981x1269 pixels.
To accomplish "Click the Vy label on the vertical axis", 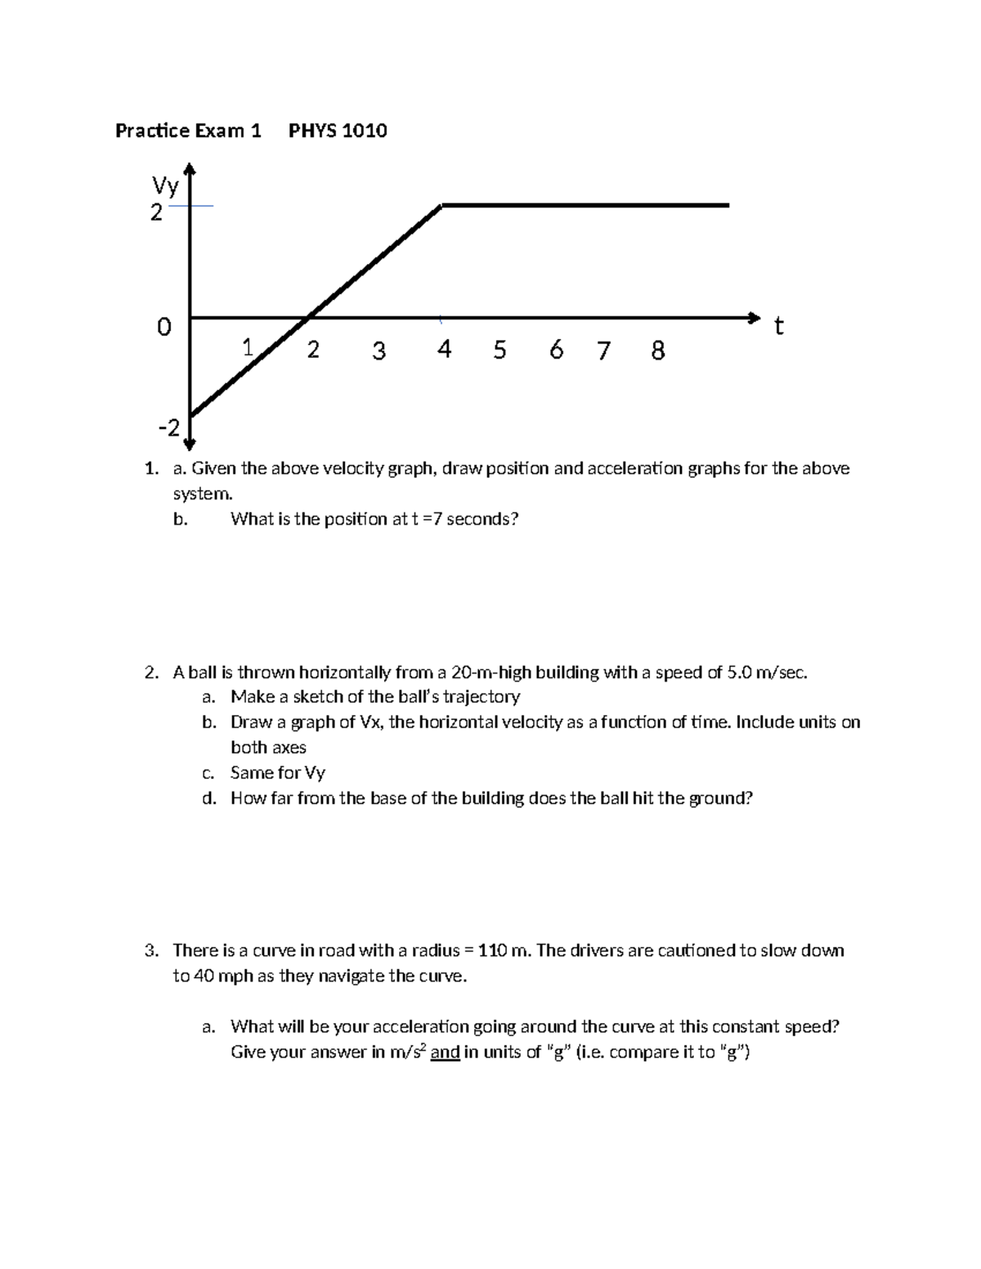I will (165, 187).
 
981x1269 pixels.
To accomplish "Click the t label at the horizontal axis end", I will (778, 327).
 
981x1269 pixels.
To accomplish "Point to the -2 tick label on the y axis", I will (168, 428).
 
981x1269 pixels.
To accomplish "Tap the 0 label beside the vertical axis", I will (164, 328).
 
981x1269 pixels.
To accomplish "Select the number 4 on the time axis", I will (444, 350).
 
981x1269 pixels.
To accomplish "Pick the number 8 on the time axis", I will (657, 351).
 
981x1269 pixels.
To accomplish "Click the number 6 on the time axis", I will (557, 350).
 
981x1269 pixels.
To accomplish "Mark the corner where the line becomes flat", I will (442, 206).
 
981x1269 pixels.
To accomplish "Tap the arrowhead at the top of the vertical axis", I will (190, 168).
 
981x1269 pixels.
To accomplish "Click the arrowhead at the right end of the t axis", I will (754, 317).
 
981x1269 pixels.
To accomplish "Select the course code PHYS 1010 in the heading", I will (338, 131).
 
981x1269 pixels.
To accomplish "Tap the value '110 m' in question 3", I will (503, 950).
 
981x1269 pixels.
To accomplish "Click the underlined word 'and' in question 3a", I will (445, 1052).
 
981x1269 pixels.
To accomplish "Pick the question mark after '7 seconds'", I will (514, 519).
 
